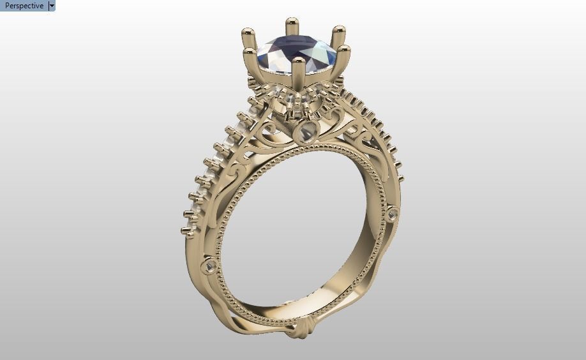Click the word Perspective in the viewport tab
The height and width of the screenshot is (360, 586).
point(24,6)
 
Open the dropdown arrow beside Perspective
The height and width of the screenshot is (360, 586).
point(52,6)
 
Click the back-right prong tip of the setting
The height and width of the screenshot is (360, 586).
point(339,31)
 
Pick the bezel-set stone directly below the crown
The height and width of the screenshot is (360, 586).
point(307,133)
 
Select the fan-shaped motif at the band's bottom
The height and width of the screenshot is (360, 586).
point(299,329)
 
